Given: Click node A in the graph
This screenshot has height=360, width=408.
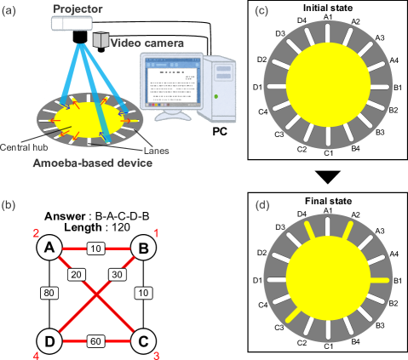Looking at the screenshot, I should pyautogui.click(x=50, y=248).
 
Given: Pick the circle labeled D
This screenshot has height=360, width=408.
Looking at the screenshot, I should pyautogui.click(x=50, y=341).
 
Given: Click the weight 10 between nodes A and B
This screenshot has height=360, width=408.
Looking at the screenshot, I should pyautogui.click(x=96, y=248).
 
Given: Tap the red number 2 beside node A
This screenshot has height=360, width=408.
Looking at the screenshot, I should pyautogui.click(x=36, y=233).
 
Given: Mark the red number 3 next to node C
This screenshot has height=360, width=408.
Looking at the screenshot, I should pyautogui.click(x=156, y=355).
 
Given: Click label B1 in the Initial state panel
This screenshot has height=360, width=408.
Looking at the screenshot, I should pyautogui.click(x=398, y=88).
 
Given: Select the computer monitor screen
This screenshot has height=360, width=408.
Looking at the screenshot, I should pyautogui.click(x=173, y=83).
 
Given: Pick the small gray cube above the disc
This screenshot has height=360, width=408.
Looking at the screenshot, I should pyautogui.click(x=102, y=40).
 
